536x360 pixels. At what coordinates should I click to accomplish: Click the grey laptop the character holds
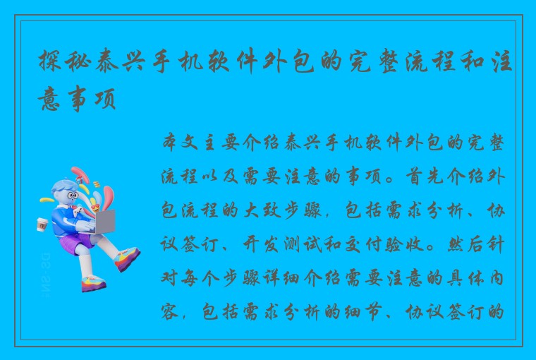pyautogui.click(x=102, y=222)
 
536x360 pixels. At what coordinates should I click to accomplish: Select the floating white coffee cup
pyautogui.click(x=41, y=224)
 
